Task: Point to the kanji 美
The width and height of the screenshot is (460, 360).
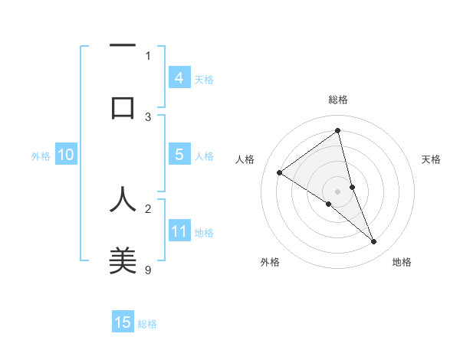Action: pyautogui.click(x=123, y=260)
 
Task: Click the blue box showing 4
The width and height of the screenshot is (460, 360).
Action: pyautogui.click(x=179, y=77)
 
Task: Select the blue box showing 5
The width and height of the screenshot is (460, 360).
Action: pyautogui.click(x=179, y=155)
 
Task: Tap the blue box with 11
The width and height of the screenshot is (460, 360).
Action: pyautogui.click(x=179, y=231)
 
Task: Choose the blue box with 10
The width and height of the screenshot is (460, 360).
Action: pyautogui.click(x=65, y=155)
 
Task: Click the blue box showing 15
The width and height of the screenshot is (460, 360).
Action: pyautogui.click(x=123, y=322)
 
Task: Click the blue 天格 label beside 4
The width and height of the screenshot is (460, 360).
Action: pyautogui.click(x=204, y=79)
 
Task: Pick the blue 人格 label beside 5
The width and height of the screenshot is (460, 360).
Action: pyautogui.click(x=204, y=156)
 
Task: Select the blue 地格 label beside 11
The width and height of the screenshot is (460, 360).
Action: pyautogui.click(x=204, y=233)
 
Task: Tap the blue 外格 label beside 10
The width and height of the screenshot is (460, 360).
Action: pyautogui.click(x=41, y=156)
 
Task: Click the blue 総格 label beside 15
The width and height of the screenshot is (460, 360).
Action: pyautogui.click(x=147, y=324)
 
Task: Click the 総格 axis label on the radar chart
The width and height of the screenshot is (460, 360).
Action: pyautogui.click(x=337, y=100)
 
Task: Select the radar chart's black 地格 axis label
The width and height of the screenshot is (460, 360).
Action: pyautogui.click(x=402, y=262)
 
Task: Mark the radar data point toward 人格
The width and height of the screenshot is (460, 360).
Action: pyautogui.click(x=279, y=172)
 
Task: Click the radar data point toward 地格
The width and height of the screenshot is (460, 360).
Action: pyautogui.click(x=374, y=242)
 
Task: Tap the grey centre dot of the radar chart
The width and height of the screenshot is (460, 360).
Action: pyautogui.click(x=337, y=191)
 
